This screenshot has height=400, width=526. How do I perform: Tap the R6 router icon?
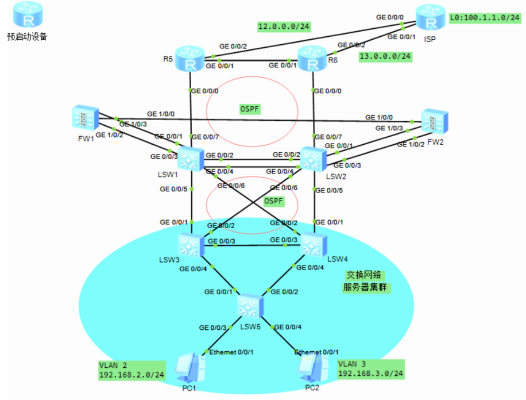click(312, 59)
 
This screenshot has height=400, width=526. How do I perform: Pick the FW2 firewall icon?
click(435, 122)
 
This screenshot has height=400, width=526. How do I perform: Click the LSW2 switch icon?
click(312, 159)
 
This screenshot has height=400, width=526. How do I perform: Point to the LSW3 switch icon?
click(190, 245)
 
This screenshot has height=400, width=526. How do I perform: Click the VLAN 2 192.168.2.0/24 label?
click(131, 370)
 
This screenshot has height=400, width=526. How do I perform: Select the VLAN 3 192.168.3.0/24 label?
click(370, 369)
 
